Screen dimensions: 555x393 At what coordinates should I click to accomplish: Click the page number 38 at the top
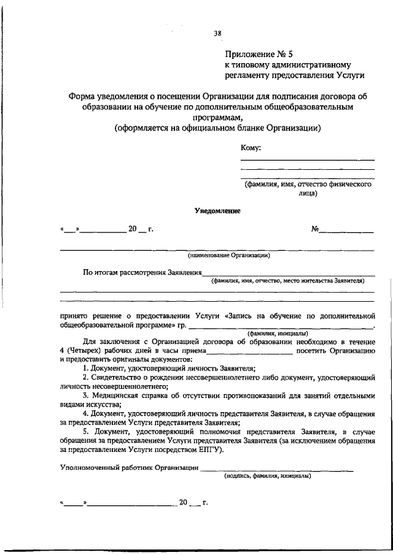point(217,34)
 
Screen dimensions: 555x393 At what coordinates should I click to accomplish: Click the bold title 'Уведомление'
point(217,210)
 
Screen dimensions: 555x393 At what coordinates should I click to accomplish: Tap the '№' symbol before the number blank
point(315,229)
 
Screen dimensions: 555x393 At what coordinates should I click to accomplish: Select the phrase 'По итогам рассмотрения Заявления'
point(142,272)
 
